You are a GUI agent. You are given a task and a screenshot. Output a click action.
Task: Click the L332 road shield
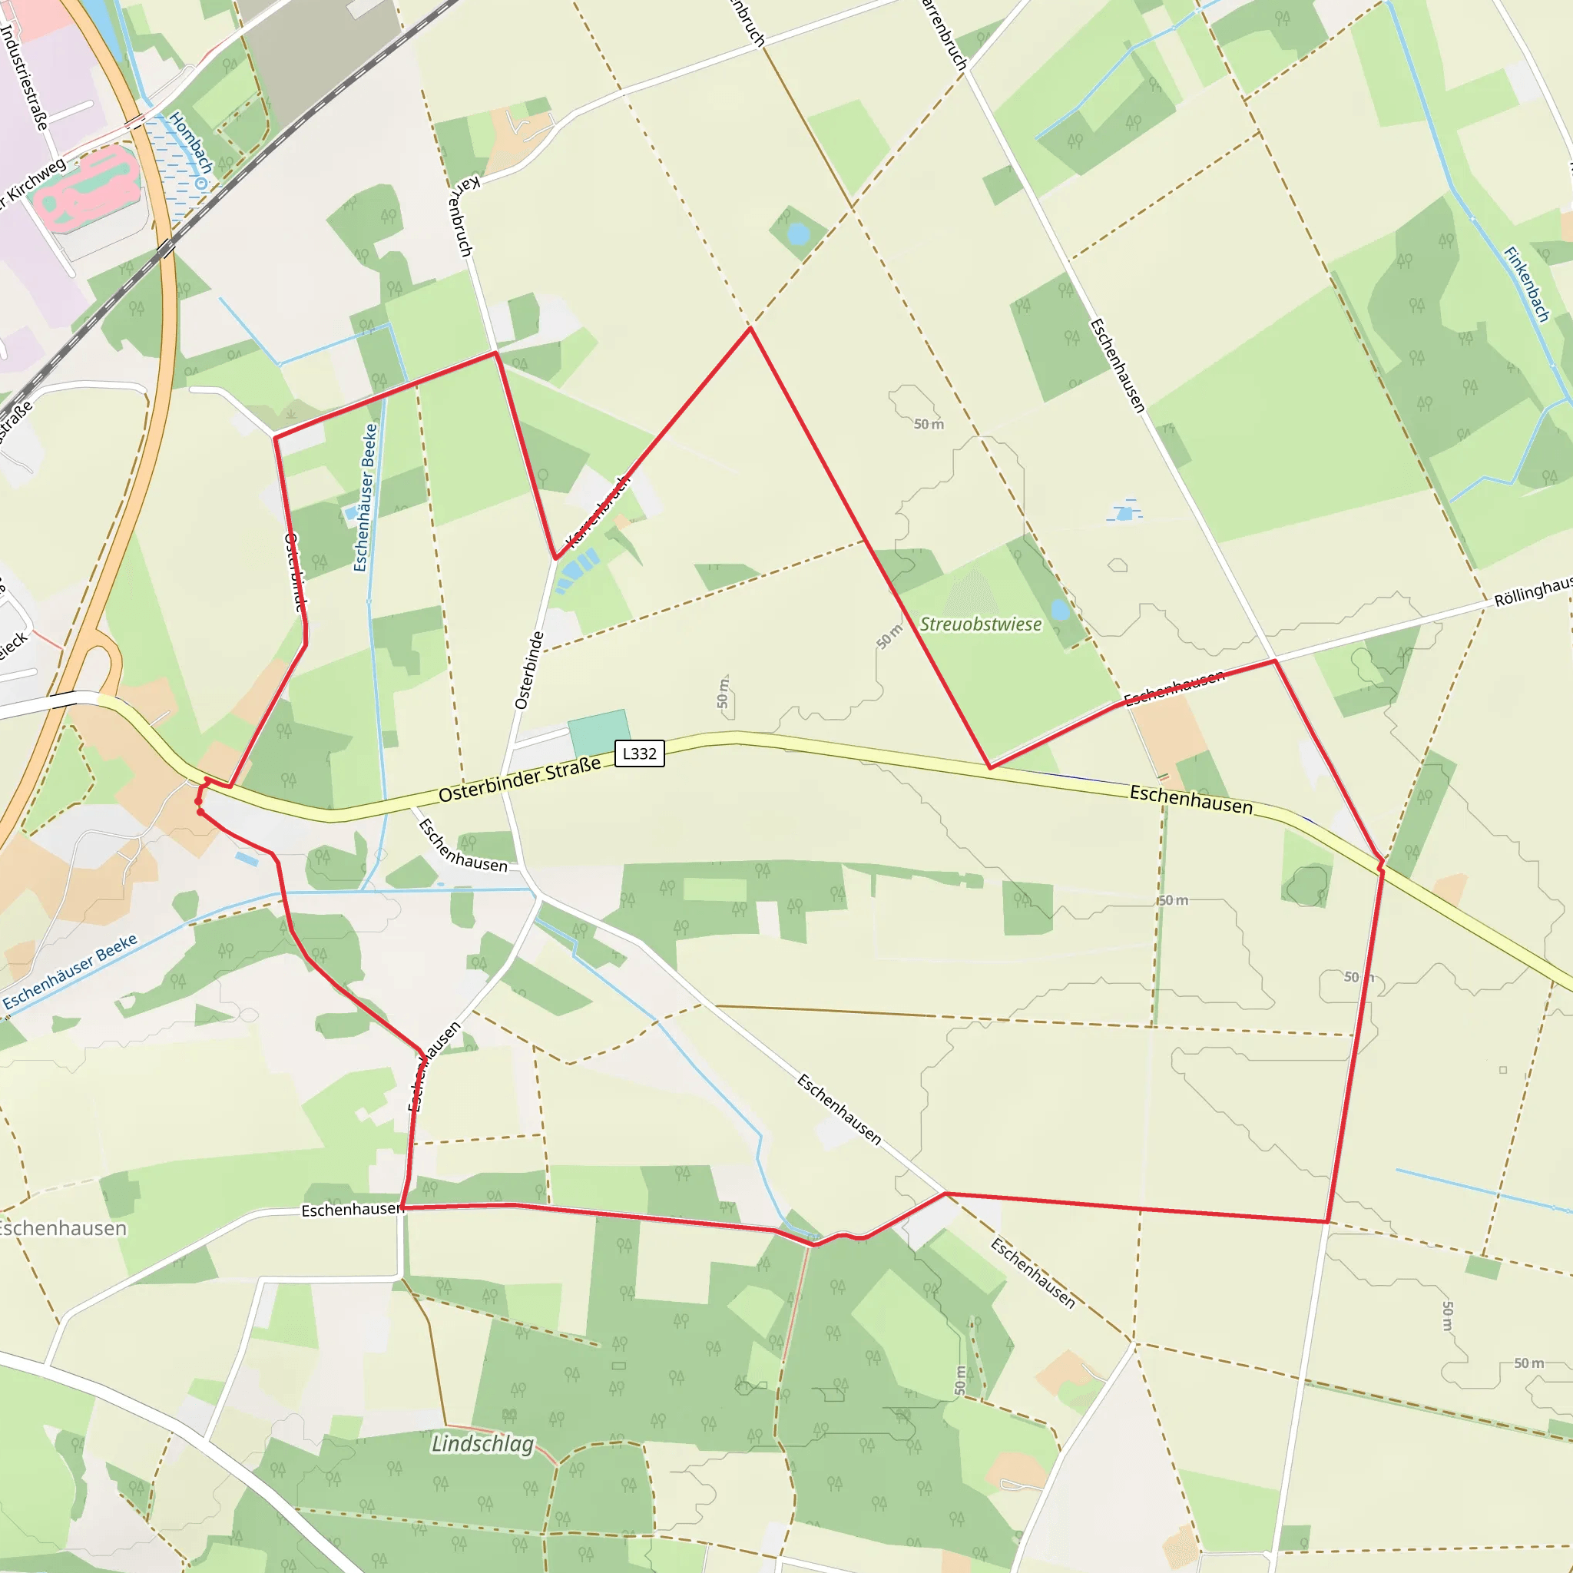tap(639, 753)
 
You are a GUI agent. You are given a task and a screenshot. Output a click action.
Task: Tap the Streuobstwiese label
tap(980, 624)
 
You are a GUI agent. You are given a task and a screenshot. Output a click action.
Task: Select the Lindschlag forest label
tap(483, 1443)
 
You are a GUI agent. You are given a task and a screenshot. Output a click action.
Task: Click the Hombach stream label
tap(191, 143)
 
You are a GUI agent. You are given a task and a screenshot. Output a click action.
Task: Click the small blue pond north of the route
tap(799, 234)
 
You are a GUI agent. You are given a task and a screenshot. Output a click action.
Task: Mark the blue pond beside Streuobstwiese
tap(1059, 610)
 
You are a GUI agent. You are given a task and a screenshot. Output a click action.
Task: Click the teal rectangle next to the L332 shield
tap(598, 733)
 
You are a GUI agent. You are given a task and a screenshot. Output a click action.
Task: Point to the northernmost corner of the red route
tap(750, 328)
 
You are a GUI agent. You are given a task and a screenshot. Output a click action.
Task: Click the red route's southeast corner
tap(1327, 1221)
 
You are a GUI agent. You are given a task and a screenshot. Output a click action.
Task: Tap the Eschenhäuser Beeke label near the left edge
tap(70, 972)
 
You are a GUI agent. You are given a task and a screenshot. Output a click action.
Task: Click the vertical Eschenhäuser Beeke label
tap(366, 497)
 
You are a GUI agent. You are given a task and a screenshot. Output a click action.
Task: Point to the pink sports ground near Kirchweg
tap(85, 187)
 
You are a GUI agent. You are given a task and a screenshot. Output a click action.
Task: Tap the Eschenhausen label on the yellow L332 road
tap(1191, 800)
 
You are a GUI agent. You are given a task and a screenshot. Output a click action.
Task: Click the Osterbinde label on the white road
tap(528, 670)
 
